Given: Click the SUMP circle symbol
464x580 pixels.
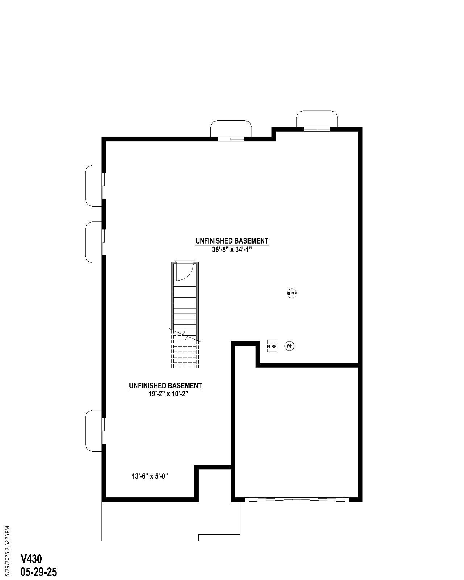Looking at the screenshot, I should click(x=292, y=293).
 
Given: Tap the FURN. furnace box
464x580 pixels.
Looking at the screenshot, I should click(x=272, y=346).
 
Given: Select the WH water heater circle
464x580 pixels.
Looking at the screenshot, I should click(x=289, y=346).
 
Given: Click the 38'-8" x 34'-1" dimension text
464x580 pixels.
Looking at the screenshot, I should click(x=232, y=249).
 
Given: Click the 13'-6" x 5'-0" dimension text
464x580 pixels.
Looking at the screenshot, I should click(x=150, y=476).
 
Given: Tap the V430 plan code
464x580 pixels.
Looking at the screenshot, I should click(x=31, y=559).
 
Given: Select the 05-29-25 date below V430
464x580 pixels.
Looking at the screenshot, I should click(x=39, y=572).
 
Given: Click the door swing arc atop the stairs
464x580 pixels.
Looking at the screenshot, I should click(x=183, y=273).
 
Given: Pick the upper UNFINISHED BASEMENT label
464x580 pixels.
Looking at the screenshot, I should click(x=232, y=241).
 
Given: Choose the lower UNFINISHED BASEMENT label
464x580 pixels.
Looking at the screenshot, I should click(x=165, y=386).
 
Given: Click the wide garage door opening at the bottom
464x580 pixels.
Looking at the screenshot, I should click(x=297, y=500).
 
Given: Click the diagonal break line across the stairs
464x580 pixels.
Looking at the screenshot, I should click(x=185, y=335).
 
